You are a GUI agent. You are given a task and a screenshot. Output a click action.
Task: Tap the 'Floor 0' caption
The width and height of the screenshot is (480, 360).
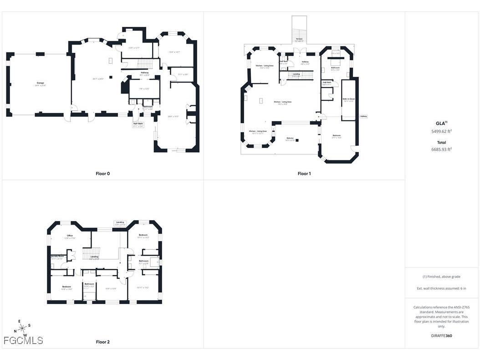tap(102, 174)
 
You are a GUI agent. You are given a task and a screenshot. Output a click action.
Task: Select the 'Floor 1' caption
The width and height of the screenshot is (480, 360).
tap(304, 174)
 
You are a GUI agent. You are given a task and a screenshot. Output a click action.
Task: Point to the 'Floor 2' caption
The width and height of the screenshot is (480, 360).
tap(102, 342)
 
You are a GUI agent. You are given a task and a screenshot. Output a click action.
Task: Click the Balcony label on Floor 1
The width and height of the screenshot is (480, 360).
tap(290, 139)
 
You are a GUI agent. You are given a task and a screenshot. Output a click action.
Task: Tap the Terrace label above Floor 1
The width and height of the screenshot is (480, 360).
tap(299, 39)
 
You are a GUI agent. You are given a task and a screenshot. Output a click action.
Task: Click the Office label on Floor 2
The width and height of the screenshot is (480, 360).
tap(70, 236)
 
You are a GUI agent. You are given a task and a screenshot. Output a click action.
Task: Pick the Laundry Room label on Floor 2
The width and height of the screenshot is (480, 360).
tap(57, 257)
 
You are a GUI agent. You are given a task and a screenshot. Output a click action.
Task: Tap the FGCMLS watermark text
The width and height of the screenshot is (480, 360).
tap(23, 340)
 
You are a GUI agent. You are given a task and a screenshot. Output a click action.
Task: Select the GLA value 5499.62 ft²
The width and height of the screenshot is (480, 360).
tap(441, 131)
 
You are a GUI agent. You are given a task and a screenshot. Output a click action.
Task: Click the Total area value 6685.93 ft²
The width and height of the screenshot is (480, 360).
tap(441, 149)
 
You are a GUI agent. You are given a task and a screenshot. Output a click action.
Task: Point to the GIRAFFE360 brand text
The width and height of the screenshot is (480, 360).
tap(442, 336)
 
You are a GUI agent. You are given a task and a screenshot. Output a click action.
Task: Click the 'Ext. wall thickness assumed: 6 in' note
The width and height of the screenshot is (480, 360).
tap(441, 288)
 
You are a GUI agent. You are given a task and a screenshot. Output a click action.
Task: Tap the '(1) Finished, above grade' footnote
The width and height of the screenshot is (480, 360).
tap(441, 277)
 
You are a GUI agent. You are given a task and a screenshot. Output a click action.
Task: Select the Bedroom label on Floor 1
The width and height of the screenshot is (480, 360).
tap(336, 136)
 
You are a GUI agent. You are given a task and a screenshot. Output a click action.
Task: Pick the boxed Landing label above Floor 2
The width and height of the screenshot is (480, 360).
tap(120, 223)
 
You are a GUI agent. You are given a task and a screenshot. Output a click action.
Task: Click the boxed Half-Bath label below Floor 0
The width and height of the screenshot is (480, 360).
tap(138, 124)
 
